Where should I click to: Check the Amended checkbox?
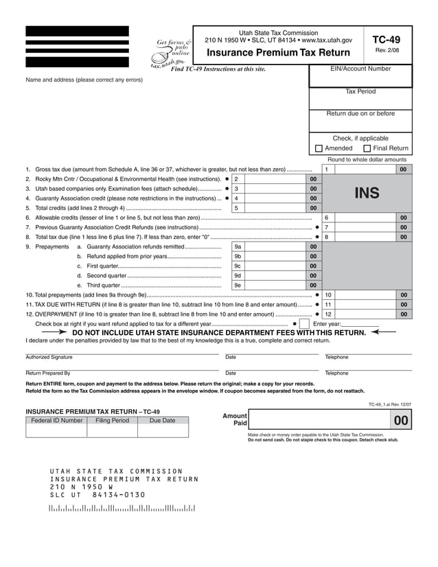pyautogui.click(x=319, y=148)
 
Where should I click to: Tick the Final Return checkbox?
pyautogui.click(x=367, y=148)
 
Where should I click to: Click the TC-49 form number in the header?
pyautogui.click(x=387, y=40)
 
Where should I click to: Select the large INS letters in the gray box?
pyautogui.click(x=366, y=194)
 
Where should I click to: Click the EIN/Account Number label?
pyautogui.click(x=360, y=69)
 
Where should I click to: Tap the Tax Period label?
pyautogui.click(x=360, y=91)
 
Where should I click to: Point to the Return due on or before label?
pyautogui.click(x=360, y=114)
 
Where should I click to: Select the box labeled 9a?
pyautogui.click(x=238, y=246)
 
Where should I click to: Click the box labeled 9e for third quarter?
pyautogui.click(x=238, y=285)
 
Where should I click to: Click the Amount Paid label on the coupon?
pyautogui.click(x=235, y=419)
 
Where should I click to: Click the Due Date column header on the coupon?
pyautogui.click(x=162, y=420)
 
